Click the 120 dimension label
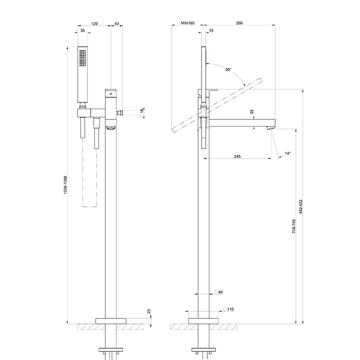pos(94,24)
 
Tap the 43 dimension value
pos(117,24)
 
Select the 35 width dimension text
pos(83,30)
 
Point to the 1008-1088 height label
pos(65,185)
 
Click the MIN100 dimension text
pos(188,23)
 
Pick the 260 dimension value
pos(239,23)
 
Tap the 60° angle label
pos(228,69)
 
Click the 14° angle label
pos(287,153)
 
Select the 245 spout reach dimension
pos(238,156)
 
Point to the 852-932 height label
pos(301,207)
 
